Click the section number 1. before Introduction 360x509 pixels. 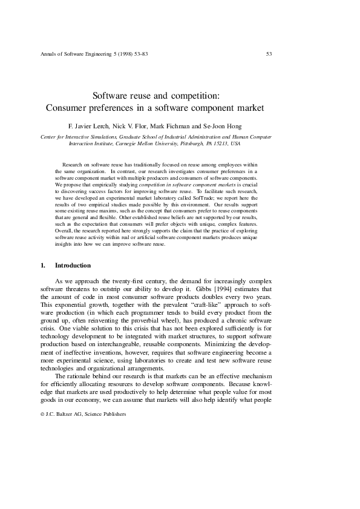[x=43, y=265]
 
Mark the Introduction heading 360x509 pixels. [x=73, y=265]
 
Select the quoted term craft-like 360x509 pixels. [x=195, y=306]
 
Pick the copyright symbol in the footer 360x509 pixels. [x=42, y=414]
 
